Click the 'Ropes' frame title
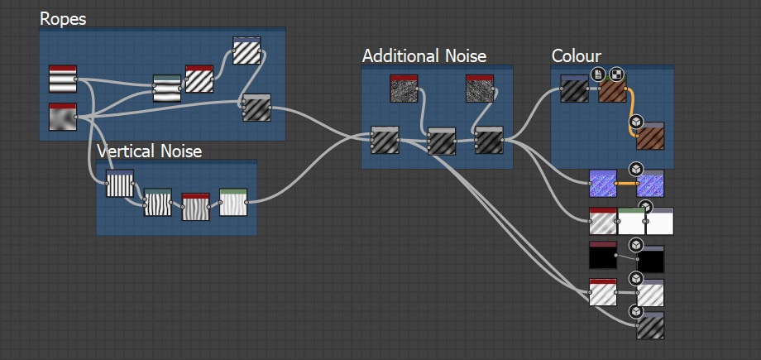point(63,19)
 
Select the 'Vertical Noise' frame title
point(149,151)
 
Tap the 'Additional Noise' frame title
point(424,56)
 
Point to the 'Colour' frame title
point(576,56)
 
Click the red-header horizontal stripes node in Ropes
point(62,79)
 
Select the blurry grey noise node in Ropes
point(62,118)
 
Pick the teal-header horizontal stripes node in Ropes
point(167,88)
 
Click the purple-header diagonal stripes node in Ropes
point(246,50)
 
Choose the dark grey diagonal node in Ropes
point(256,108)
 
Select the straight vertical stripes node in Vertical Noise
point(119,184)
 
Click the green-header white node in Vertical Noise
point(233,202)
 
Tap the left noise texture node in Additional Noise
point(404,89)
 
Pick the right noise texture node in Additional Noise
point(480,89)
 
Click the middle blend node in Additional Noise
point(442,142)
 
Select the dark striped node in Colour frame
point(574,89)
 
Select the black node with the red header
point(603,257)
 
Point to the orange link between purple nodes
point(626,183)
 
